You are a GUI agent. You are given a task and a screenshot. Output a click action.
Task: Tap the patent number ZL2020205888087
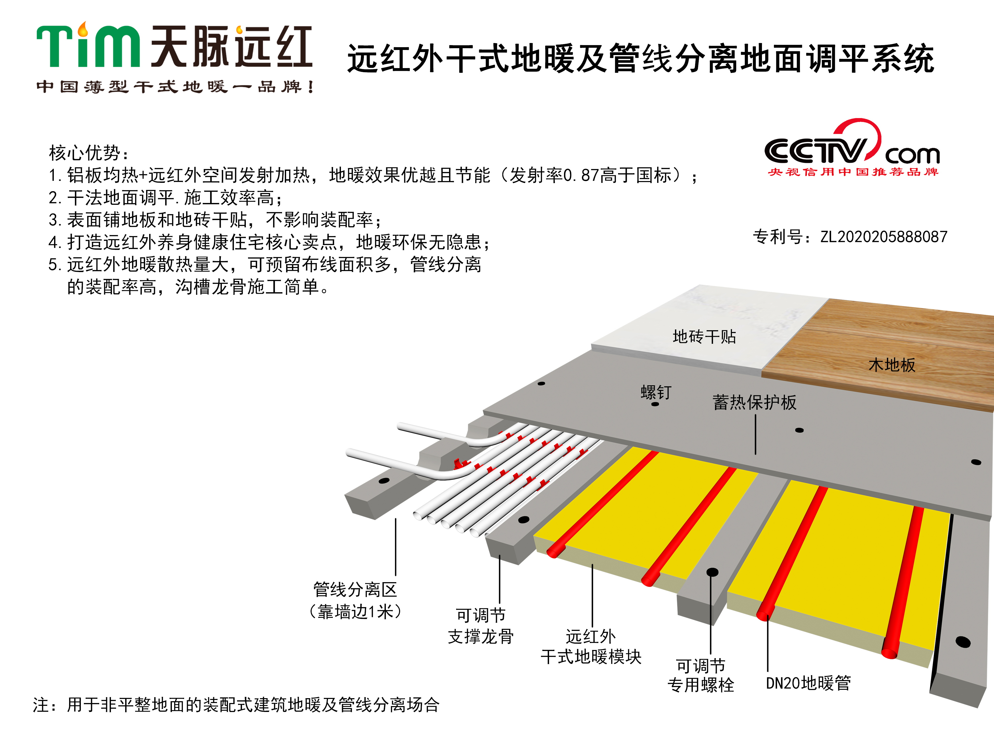pos(883,237)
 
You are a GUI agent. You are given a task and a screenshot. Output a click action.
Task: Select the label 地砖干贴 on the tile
pos(704,337)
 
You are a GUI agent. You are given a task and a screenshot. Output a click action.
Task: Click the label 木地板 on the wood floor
pos(892,365)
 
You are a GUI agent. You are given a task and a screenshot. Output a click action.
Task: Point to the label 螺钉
pos(656,392)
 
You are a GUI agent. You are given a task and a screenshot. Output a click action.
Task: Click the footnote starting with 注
pos(236,705)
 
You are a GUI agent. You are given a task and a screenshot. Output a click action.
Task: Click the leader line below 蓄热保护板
pos(755,435)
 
